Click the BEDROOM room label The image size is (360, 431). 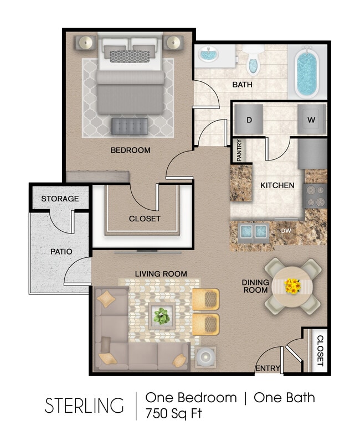click(x=130, y=150)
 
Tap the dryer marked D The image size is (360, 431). click(x=249, y=119)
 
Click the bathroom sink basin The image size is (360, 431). click(x=208, y=55)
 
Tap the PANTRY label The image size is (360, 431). click(x=239, y=151)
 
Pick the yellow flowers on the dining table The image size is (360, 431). click(x=292, y=286)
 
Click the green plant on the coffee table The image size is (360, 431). click(x=161, y=316)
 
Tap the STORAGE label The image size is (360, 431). click(x=60, y=199)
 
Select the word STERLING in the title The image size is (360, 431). click(x=84, y=406)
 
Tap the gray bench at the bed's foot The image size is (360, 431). click(x=130, y=126)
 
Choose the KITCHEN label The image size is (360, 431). click(x=277, y=185)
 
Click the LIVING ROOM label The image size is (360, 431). click(x=161, y=273)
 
